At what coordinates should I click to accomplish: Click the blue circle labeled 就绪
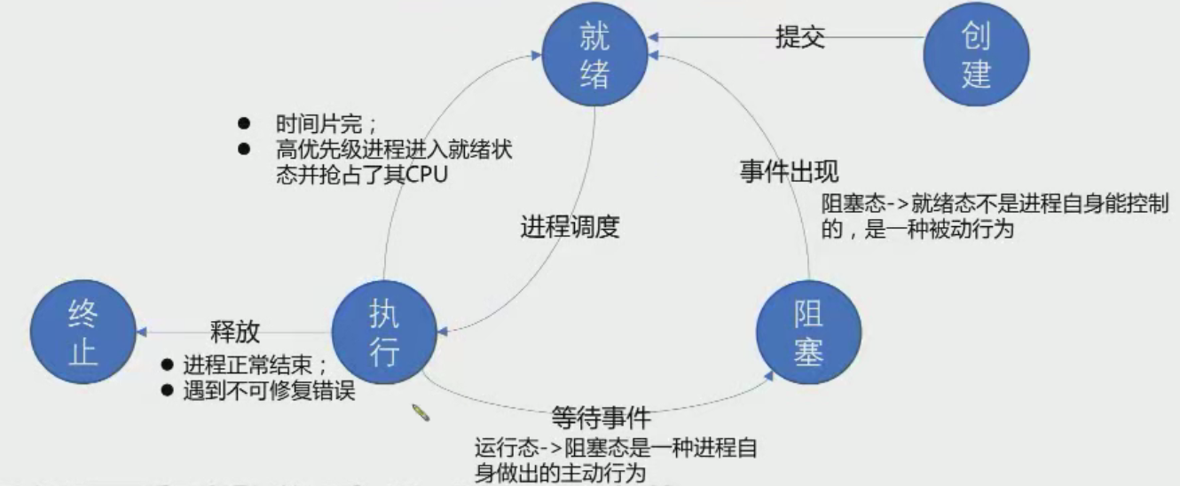(x=595, y=55)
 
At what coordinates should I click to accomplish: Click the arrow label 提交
(x=800, y=38)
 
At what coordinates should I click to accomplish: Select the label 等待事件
(x=602, y=417)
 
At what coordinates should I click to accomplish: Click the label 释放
(x=234, y=331)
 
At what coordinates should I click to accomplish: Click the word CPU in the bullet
(x=426, y=173)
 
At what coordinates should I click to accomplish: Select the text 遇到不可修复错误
(x=270, y=390)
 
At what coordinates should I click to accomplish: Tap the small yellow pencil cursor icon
(x=421, y=412)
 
